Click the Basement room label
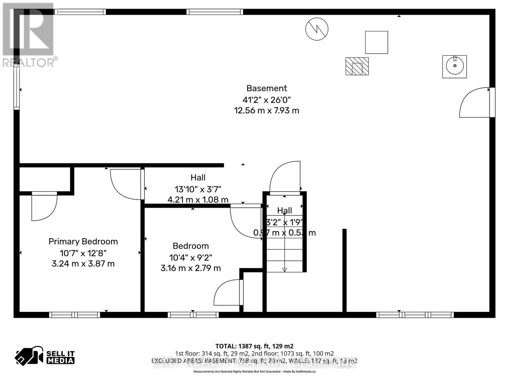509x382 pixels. point(267,88)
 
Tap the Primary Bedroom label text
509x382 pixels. point(83,241)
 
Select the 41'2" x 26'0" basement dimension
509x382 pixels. point(267,100)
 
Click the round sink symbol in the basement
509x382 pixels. point(454,66)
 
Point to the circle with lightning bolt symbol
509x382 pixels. point(317,29)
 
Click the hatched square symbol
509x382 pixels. point(357,66)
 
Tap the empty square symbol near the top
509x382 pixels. point(376,42)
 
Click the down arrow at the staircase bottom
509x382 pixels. point(284,269)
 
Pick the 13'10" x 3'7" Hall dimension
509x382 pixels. point(198,189)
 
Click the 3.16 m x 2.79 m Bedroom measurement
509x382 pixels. point(191,268)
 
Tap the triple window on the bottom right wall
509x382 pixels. point(415,315)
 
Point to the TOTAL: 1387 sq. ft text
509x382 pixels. point(254,346)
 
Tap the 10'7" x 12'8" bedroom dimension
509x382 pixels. point(83,253)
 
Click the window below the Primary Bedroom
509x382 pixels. point(74,315)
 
